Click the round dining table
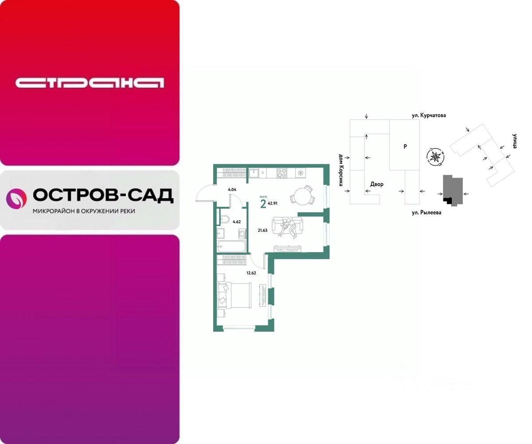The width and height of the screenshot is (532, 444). pos(302,196)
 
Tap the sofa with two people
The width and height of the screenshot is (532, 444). pos(287,227)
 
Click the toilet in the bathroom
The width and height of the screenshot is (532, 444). pos(224,219)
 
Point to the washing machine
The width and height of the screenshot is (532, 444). pos(242,234)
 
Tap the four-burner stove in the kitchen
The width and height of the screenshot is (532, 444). pos(282,173)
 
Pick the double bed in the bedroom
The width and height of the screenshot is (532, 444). pos(234,295)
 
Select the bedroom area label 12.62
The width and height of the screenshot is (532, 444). pos(251,273)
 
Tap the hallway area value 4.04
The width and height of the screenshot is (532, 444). pos(231,190)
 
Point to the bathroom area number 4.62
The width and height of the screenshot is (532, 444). pos(236,221)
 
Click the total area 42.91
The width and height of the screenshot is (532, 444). pos(273,204)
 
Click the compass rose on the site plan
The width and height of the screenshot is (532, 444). pos(435,156)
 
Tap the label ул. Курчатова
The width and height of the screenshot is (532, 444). pos(428,115)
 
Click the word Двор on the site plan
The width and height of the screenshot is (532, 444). pos(377,184)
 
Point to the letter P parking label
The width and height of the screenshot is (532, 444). pos(405,147)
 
